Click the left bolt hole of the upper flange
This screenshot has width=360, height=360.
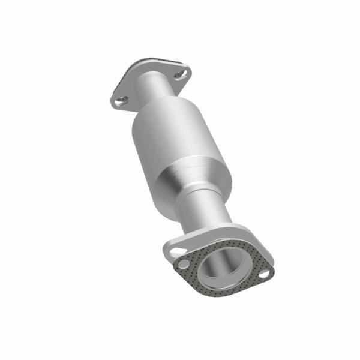tap(121, 100)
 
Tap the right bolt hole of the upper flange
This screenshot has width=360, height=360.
tap(181, 75)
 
